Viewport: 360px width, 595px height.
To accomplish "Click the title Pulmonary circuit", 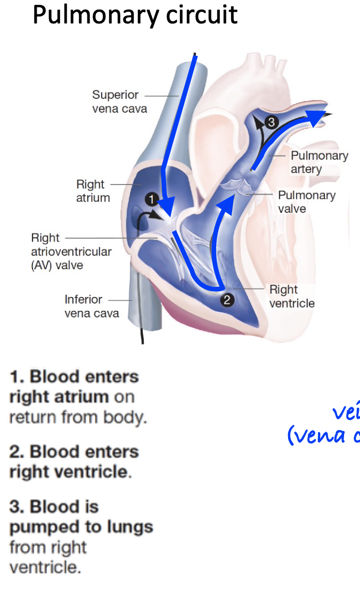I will (x=135, y=14).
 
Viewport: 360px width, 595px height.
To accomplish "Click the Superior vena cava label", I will (x=119, y=102).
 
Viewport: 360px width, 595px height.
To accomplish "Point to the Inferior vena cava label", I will (x=92, y=306).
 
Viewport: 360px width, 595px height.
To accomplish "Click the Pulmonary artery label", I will (x=319, y=162).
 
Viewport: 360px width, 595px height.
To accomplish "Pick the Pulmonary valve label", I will (x=306, y=201).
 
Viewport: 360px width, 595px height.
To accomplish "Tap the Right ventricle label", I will (x=291, y=296).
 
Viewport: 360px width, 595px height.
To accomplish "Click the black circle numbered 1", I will (x=152, y=200).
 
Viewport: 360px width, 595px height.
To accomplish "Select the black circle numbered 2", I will (x=227, y=300).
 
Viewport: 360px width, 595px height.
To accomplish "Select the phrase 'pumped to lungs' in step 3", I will (x=81, y=527).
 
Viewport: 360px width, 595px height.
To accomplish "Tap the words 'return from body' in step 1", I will (x=77, y=417).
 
